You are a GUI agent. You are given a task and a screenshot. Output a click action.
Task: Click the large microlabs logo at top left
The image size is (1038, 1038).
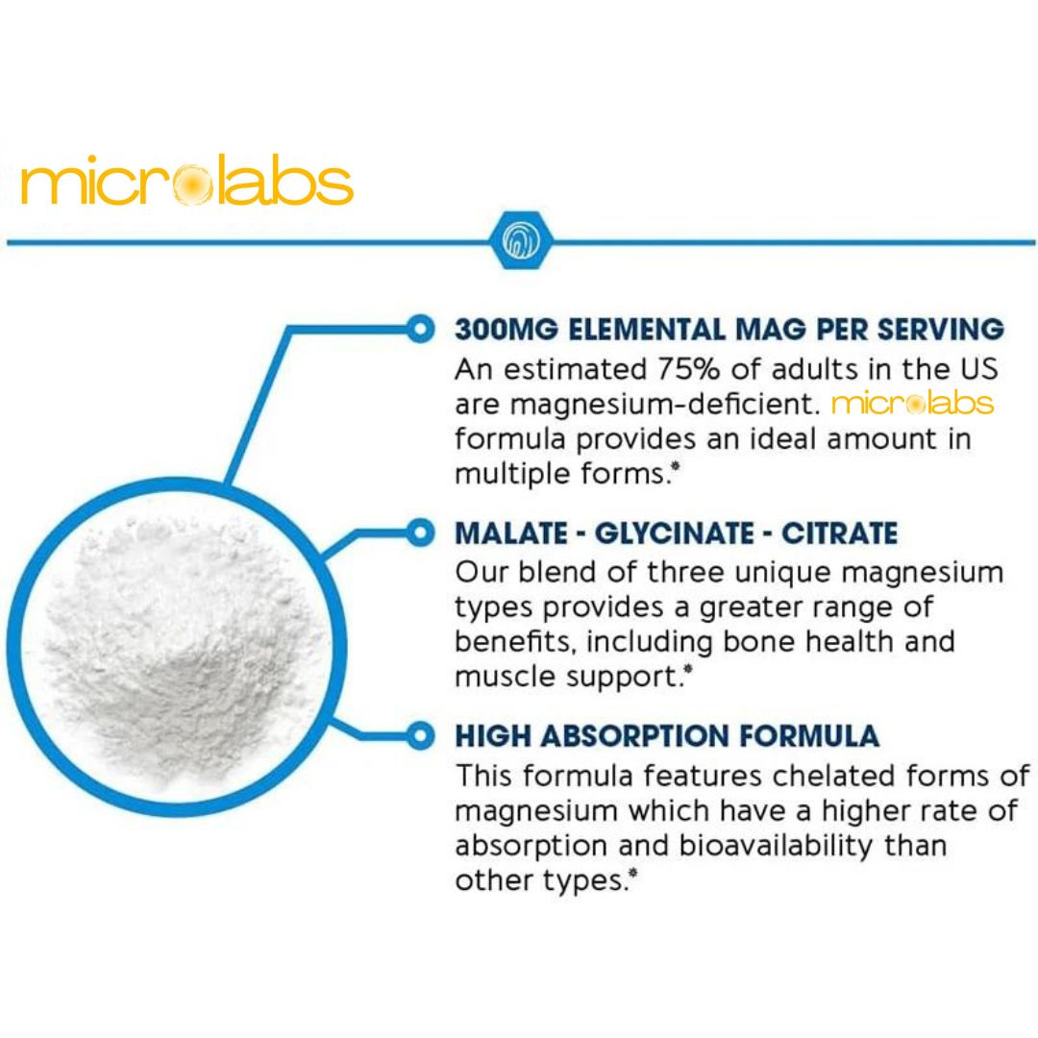186,180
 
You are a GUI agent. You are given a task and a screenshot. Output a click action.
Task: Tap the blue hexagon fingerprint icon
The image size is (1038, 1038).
522,240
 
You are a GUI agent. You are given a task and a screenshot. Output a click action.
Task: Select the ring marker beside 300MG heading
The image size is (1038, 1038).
420,329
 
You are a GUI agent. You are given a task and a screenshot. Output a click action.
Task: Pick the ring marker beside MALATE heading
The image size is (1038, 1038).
420,532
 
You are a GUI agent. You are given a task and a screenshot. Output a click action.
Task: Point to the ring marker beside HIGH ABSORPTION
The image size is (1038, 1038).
420,735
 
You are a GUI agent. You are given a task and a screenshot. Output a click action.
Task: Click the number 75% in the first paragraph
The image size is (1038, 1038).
688,369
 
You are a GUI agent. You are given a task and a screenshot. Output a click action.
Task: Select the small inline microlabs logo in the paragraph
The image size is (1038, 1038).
913,403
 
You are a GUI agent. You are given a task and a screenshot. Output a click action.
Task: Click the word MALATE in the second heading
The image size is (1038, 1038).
511,533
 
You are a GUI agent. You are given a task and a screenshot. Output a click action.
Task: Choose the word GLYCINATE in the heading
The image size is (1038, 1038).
674,533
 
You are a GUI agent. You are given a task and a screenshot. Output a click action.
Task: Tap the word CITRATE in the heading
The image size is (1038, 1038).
839,533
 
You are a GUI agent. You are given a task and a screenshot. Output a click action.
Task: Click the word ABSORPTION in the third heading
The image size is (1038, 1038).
635,736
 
